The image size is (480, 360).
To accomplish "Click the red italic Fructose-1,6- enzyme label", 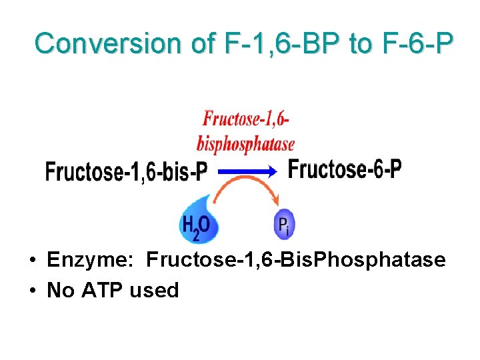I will point(246,120).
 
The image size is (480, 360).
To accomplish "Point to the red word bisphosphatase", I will point(245,143).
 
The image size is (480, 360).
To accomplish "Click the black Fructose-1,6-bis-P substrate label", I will point(126,172).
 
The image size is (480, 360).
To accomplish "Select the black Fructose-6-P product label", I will point(345,169).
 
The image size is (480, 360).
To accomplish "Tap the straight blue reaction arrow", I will point(247,171).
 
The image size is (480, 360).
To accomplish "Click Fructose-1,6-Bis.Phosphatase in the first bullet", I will point(295,259).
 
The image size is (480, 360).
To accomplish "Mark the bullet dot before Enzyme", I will point(32,260).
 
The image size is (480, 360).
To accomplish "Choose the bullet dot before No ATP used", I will point(32,291).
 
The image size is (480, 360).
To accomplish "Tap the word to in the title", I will point(361,43).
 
